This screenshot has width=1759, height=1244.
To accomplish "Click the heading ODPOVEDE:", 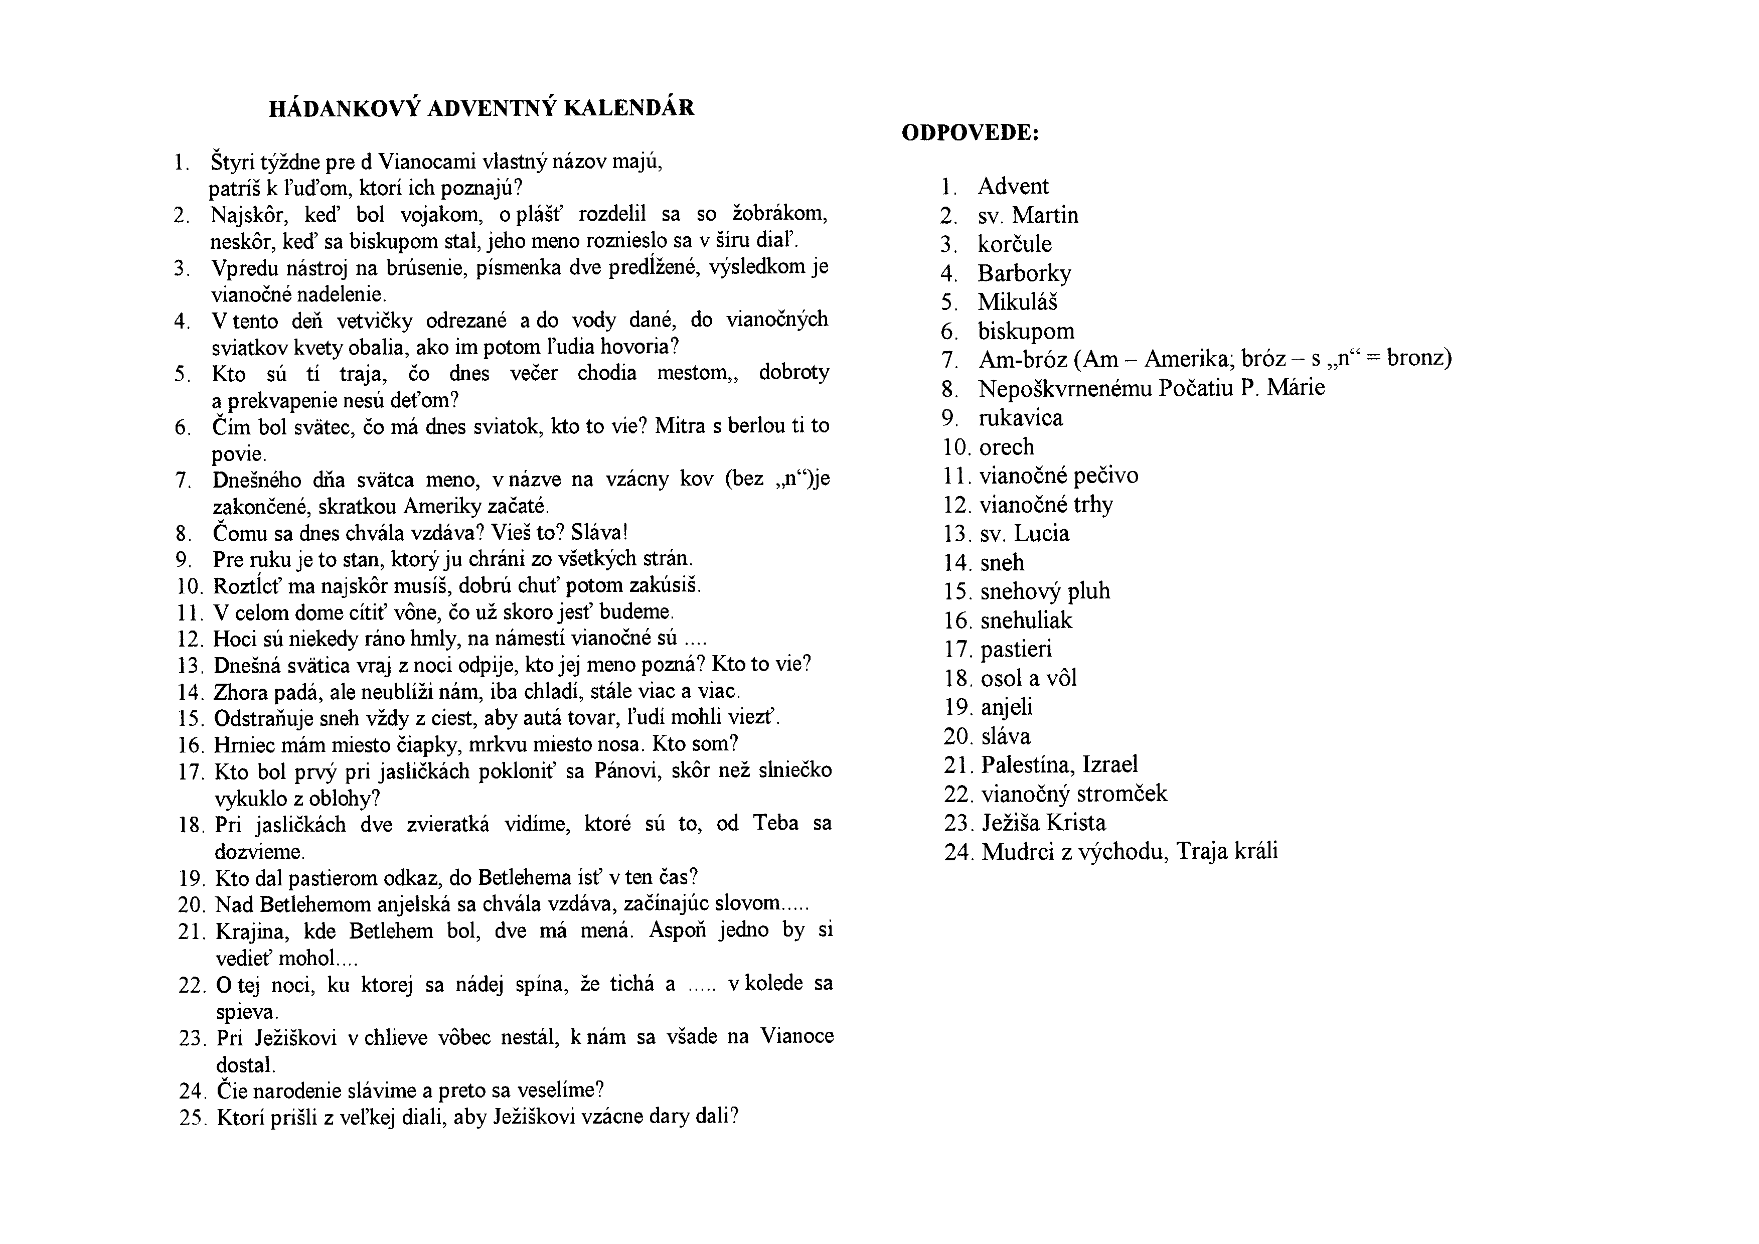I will point(970,133).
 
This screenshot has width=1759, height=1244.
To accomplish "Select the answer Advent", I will point(1013,186).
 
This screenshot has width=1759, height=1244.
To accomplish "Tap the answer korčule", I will point(1014,244).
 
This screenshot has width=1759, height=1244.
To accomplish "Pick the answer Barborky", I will point(1024,273).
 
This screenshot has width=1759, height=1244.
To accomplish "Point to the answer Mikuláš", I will point(1017,302).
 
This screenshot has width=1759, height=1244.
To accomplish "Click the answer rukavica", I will point(1021,418).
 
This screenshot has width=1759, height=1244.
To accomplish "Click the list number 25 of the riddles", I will point(192,1118).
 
